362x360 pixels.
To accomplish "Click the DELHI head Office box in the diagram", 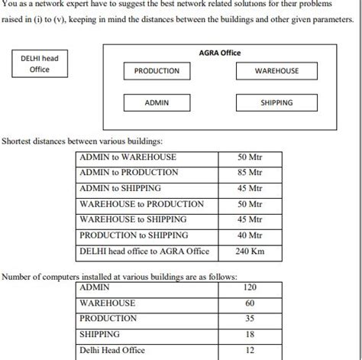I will [40, 63].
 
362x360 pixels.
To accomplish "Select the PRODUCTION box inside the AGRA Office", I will [157, 71].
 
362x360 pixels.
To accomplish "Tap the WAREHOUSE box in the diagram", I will [276, 71].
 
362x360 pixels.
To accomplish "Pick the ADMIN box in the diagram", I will [157, 102].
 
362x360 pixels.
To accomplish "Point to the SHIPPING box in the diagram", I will [276, 102].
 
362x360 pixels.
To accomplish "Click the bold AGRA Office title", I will [219, 53].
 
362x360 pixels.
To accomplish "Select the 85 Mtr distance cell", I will [250, 173].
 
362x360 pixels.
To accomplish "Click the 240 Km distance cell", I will [250, 250].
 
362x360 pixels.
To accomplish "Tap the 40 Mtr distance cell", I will [250, 235].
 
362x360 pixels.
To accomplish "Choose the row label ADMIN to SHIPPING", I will [121, 188].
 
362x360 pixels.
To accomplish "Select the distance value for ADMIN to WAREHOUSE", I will [250, 157].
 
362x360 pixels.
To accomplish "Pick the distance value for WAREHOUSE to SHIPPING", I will [250, 219].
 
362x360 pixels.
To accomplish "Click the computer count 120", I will [250, 288].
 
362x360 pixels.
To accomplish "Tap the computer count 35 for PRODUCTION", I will [250, 319].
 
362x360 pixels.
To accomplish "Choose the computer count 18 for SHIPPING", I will [250, 335].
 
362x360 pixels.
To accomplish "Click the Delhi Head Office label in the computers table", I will [112, 351].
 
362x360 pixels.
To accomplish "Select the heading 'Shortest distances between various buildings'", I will [82, 141].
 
